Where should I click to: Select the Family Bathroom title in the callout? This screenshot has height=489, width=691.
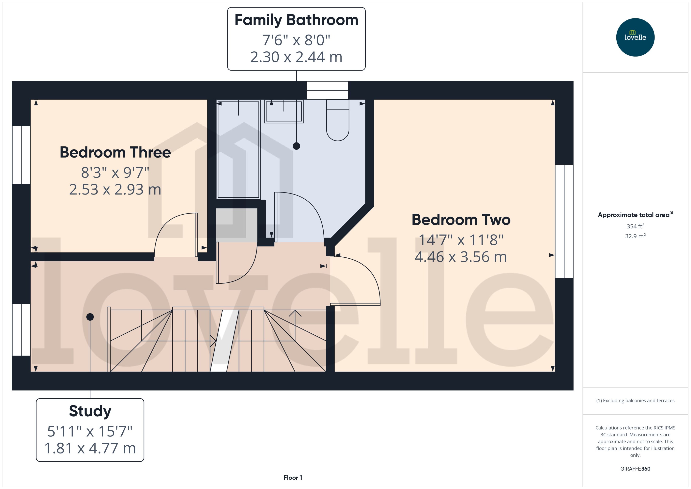pyautogui.click(x=296, y=20)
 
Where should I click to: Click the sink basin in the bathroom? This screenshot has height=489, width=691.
pyautogui.click(x=284, y=111)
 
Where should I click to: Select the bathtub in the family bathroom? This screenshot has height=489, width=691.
pyautogui.click(x=238, y=150)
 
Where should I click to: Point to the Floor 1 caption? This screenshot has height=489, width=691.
pyautogui.click(x=293, y=478)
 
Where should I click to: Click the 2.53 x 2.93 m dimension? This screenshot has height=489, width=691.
pyautogui.click(x=115, y=189)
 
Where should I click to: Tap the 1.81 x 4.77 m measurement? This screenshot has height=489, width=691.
pyautogui.click(x=90, y=448)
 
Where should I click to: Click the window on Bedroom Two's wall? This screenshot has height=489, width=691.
pyautogui.click(x=564, y=221)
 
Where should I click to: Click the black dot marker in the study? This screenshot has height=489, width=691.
pyautogui.click(x=90, y=317)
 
